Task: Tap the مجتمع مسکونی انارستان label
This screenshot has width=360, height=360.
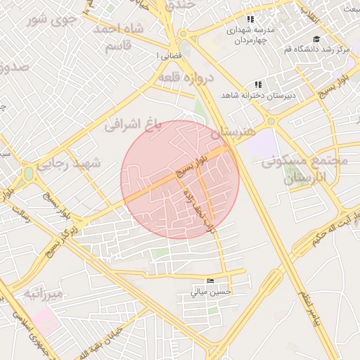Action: tap(304, 169)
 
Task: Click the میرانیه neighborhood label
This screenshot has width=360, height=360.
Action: tap(43, 292)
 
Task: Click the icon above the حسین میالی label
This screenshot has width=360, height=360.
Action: tap(210, 281)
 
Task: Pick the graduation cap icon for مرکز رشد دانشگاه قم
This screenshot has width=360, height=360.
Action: tap(316, 39)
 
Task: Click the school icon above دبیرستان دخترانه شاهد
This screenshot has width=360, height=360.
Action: tap(258, 84)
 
